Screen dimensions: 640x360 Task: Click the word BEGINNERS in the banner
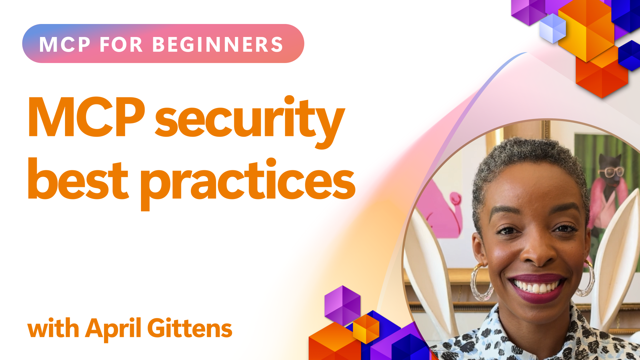[x=218, y=44]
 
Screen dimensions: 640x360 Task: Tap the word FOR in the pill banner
[x=121, y=44]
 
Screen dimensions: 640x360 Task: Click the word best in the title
[x=78, y=179]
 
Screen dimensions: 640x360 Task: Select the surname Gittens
[x=190, y=328]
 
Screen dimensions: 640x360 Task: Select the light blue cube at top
[x=553, y=28]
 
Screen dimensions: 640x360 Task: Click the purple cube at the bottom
[x=342, y=305]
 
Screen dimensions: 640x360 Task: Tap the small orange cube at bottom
[x=366, y=329]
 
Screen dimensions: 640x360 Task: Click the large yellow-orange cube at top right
[x=587, y=32]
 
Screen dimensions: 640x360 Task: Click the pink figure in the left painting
[x=440, y=210]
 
